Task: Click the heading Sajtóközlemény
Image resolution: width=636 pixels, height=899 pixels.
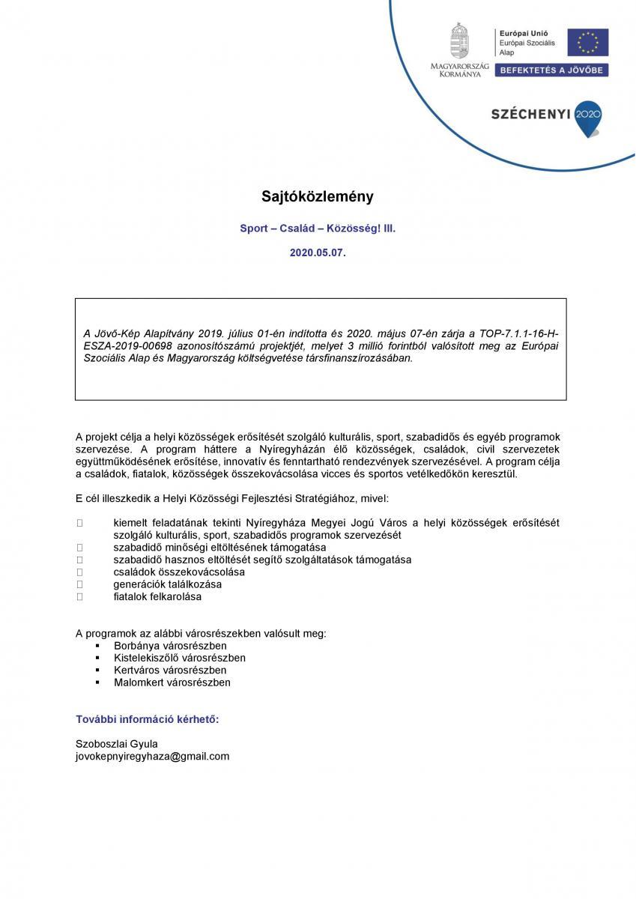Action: [x=318, y=197]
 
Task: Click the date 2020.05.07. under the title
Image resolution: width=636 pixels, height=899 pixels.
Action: [x=318, y=253]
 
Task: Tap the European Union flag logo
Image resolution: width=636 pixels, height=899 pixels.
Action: [x=587, y=42]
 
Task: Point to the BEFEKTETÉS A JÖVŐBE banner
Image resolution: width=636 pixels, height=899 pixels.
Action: [x=554, y=70]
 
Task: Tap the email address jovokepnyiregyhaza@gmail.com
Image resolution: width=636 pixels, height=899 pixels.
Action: [x=153, y=756]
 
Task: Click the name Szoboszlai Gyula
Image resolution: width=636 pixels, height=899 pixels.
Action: [x=117, y=743]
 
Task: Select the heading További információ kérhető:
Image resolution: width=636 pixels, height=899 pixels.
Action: [x=148, y=719]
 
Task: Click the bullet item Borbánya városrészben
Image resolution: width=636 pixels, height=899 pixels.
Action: [x=170, y=645]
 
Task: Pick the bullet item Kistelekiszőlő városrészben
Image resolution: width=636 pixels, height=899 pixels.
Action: [x=180, y=658]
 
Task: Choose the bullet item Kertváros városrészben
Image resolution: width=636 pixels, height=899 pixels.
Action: [x=170, y=670]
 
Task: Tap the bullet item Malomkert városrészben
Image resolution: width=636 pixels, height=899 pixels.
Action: [x=172, y=682]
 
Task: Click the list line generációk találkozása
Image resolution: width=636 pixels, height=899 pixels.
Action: [x=168, y=584]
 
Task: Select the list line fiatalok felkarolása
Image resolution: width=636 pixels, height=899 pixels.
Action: [x=157, y=597]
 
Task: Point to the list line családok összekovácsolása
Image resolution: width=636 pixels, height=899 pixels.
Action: [x=179, y=572]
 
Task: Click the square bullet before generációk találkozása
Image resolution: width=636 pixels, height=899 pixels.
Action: [x=79, y=584]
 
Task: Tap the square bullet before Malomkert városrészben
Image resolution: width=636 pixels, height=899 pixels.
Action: [x=98, y=682]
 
